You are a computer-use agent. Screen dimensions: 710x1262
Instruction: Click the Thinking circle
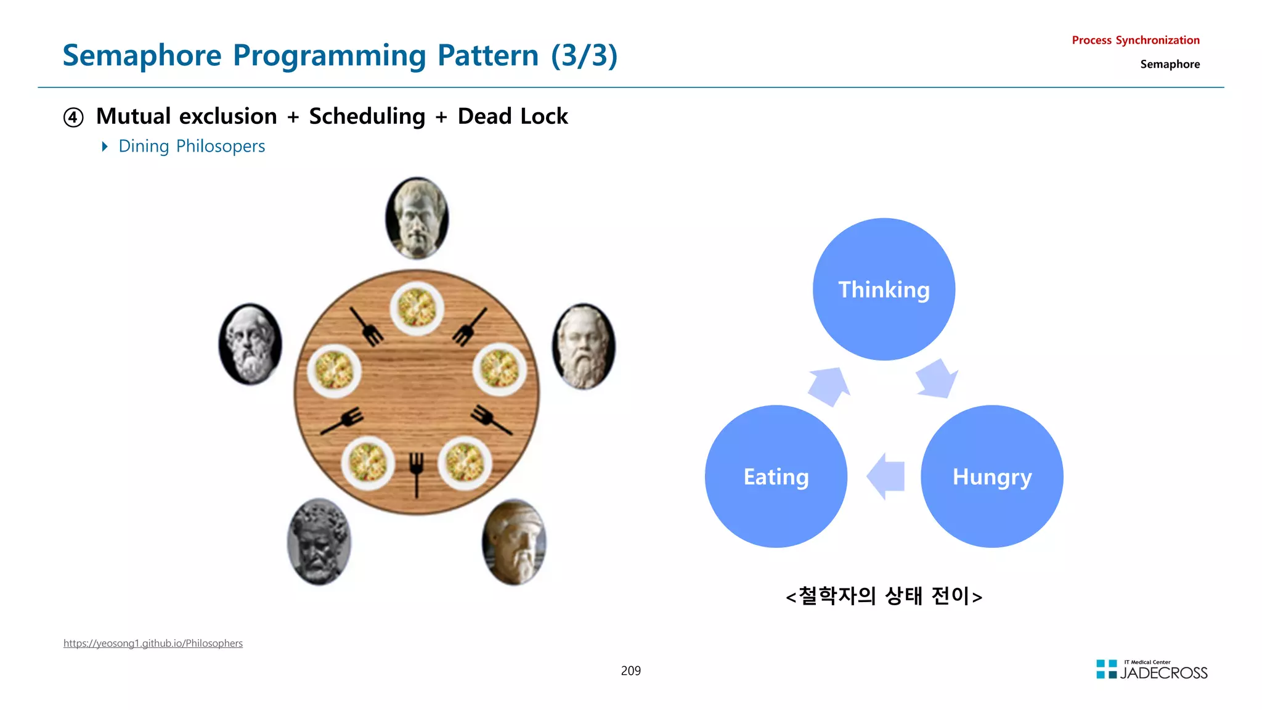pyautogui.click(x=884, y=289)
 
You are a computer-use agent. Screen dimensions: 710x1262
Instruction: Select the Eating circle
pyautogui.click(x=776, y=476)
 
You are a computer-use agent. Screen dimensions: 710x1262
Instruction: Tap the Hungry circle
pyautogui.click(x=991, y=476)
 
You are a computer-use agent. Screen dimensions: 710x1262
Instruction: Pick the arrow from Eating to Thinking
pyautogui.click(x=829, y=386)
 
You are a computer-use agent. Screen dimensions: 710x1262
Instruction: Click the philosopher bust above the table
pyautogui.click(x=417, y=218)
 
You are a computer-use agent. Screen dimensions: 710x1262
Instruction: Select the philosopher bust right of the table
pyautogui.click(x=583, y=346)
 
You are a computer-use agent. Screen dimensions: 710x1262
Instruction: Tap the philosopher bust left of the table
pyautogui.click(x=250, y=344)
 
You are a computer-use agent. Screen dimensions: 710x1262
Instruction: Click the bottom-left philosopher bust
pyautogui.click(x=319, y=542)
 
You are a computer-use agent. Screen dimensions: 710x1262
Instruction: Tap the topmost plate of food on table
pyautogui.click(x=417, y=308)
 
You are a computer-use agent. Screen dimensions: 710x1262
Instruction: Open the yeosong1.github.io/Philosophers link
pyautogui.click(x=153, y=643)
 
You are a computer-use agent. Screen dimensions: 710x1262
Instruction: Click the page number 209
pyautogui.click(x=630, y=671)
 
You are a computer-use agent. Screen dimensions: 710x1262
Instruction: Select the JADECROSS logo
pyautogui.click(x=1152, y=670)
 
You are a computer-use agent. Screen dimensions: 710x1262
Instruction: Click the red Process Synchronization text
pyautogui.click(x=1135, y=40)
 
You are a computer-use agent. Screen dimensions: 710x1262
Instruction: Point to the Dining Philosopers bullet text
pyautogui.click(x=191, y=146)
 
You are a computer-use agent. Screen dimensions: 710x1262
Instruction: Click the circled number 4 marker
pyautogui.click(x=73, y=117)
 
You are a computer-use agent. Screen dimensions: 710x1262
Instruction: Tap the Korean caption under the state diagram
pyautogui.click(x=884, y=596)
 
